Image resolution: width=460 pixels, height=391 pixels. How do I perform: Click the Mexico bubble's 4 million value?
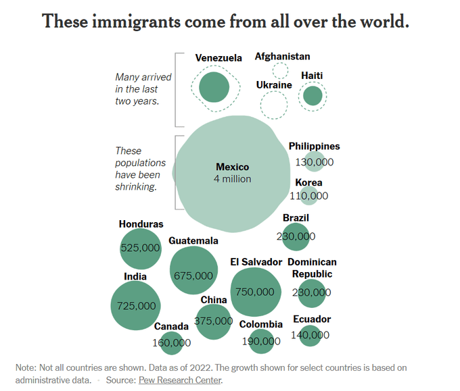click(x=232, y=179)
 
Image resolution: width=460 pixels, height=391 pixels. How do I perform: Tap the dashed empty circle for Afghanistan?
click(x=280, y=70)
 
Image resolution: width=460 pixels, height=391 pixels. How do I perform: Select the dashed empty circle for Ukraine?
click(x=273, y=104)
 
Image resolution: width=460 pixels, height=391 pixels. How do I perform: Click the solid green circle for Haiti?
click(x=313, y=97)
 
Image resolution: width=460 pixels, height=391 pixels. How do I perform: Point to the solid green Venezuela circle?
click(x=215, y=87)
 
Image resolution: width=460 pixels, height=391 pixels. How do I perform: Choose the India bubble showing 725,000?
click(x=136, y=305)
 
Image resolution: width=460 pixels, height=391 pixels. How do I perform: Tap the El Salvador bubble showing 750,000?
click(x=255, y=292)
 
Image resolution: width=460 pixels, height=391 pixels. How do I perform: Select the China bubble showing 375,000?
click(x=213, y=321)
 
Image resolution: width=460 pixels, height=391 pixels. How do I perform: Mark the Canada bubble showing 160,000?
click(x=172, y=343)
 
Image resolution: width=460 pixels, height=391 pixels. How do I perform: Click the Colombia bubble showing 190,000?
click(x=260, y=341)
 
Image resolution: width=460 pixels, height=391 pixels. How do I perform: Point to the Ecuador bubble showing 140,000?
click(x=311, y=335)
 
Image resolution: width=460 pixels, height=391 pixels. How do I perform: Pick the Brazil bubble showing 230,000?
click(x=296, y=236)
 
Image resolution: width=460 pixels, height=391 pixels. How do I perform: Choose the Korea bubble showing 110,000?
click(x=309, y=196)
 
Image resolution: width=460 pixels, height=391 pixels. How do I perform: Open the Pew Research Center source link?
click(x=179, y=380)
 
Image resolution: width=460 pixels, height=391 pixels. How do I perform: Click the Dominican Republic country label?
click(x=312, y=268)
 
